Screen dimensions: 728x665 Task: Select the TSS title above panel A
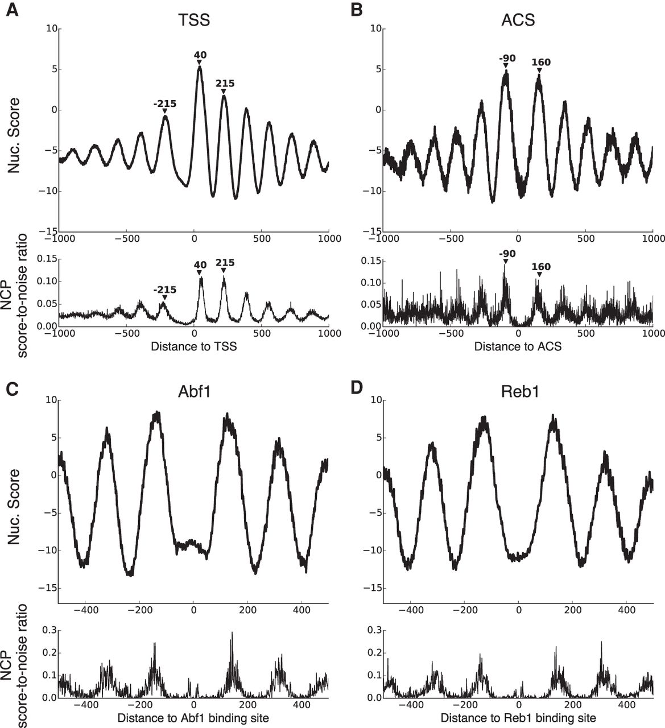[193, 20]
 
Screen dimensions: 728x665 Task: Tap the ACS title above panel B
[518, 20]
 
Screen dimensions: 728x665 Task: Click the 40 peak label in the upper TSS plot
[200, 55]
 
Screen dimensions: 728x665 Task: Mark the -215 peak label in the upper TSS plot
[165, 104]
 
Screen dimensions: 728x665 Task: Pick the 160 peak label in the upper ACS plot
[540, 63]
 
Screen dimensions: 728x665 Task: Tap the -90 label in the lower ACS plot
[506, 253]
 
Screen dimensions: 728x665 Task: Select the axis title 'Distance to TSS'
[193, 346]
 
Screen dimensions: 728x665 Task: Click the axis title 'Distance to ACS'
[518, 346]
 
